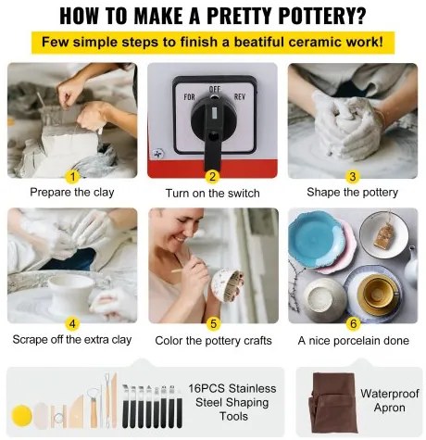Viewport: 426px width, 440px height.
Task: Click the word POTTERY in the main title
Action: [x=321, y=15]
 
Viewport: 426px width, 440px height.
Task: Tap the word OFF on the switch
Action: [x=215, y=89]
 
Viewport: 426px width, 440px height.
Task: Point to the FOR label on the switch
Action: [x=189, y=97]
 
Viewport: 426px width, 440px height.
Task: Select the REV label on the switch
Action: [x=240, y=96]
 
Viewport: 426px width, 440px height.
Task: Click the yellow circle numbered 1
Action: [x=73, y=177]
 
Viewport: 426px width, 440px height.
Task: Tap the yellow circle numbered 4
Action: [x=72, y=324]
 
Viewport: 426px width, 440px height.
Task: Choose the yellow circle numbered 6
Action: [x=353, y=324]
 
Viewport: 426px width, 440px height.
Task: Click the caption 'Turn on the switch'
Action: [x=213, y=194]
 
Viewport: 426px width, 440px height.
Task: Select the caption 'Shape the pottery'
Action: [x=353, y=193]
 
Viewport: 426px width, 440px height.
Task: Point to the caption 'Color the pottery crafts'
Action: [x=213, y=341]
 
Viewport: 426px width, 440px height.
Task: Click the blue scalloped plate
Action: [x=317, y=239]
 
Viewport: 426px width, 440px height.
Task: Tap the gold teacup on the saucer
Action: [x=378, y=293]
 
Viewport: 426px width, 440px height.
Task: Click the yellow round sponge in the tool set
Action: [x=22, y=416]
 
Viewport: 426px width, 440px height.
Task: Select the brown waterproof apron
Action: [x=333, y=402]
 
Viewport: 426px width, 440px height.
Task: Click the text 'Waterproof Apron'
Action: [x=390, y=400]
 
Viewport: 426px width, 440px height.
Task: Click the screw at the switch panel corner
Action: [x=158, y=154]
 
